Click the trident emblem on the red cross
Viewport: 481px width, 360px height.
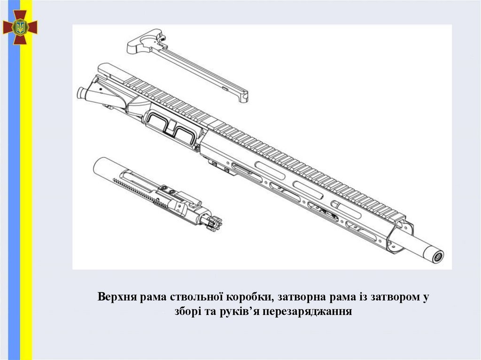pos(20,27)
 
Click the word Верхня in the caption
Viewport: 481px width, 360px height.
pos(117,297)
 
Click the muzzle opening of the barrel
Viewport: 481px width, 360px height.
pos(438,256)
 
